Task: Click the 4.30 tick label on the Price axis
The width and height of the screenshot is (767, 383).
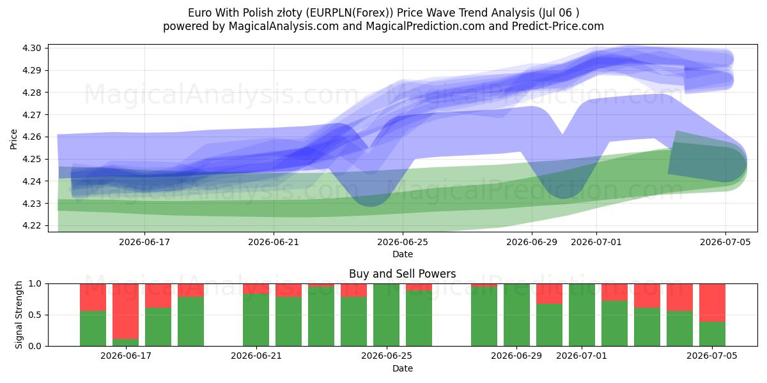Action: pyautogui.click(x=32, y=49)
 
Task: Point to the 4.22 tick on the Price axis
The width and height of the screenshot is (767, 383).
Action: pyautogui.click(x=32, y=226)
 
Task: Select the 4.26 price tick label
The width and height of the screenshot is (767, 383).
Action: pyautogui.click(x=32, y=137)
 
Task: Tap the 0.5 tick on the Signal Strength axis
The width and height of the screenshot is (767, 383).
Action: pyautogui.click(x=35, y=315)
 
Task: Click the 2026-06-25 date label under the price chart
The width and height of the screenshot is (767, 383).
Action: pyautogui.click(x=403, y=242)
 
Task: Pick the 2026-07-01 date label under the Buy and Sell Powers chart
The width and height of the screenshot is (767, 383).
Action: pyautogui.click(x=582, y=356)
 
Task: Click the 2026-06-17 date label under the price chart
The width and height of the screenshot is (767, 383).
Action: pyautogui.click(x=144, y=242)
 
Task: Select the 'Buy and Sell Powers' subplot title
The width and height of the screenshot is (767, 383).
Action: pyautogui.click(x=402, y=274)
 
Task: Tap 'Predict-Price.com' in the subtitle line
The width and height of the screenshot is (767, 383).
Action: pyautogui.click(x=558, y=26)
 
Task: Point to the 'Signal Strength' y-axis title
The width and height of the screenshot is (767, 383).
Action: pyautogui.click(x=19, y=315)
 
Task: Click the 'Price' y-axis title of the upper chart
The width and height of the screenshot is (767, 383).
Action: pyautogui.click(x=13, y=139)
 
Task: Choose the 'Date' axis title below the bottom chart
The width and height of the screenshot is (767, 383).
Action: pyautogui.click(x=403, y=368)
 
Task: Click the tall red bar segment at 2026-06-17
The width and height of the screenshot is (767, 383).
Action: pyautogui.click(x=126, y=312)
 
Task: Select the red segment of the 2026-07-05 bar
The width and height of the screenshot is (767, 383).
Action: pyautogui.click(x=712, y=303)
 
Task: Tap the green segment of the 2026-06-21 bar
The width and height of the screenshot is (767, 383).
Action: pyautogui.click(x=256, y=320)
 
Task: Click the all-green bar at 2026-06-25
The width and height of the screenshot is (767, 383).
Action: pyautogui.click(x=386, y=315)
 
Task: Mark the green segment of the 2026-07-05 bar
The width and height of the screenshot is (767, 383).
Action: pyautogui.click(x=712, y=334)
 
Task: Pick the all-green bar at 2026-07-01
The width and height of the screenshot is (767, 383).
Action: pyautogui.click(x=582, y=315)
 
